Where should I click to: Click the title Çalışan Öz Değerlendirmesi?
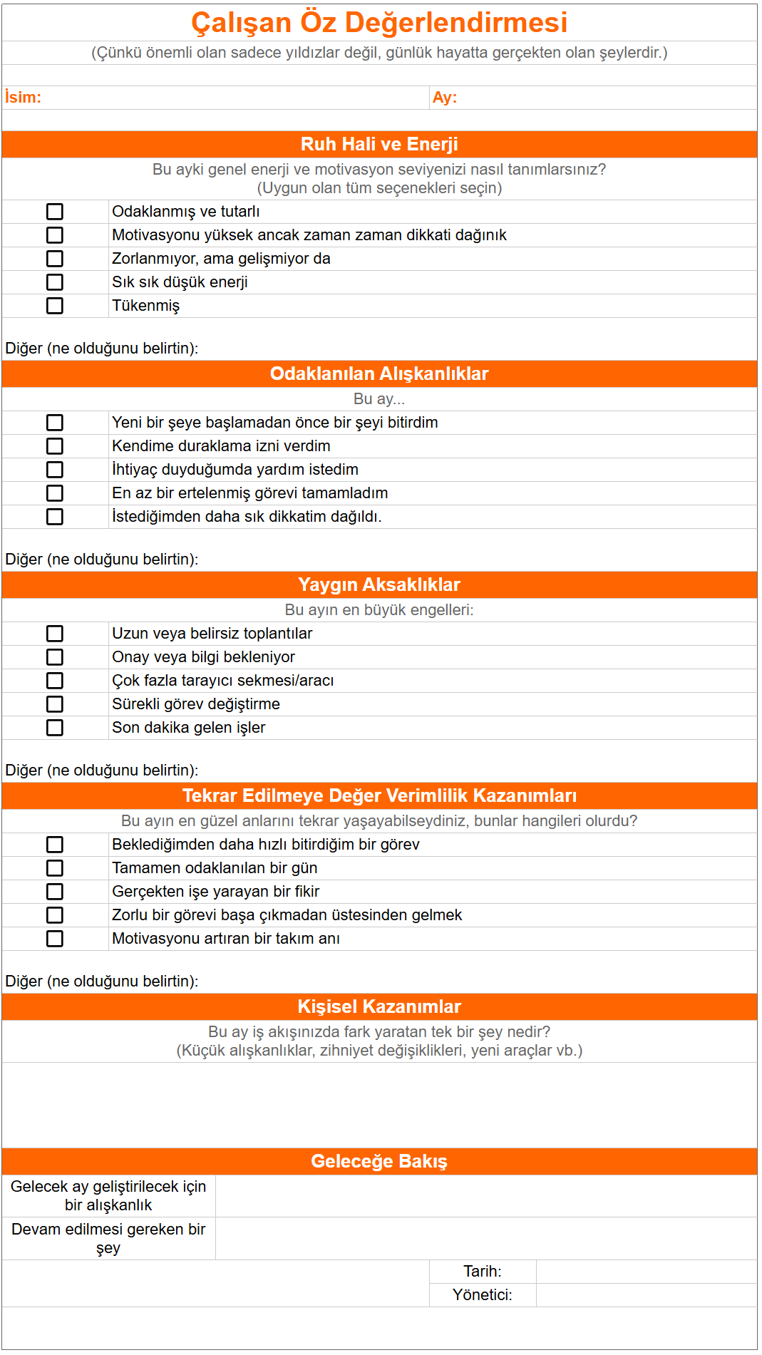coord(379,23)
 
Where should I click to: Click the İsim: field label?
coord(23,98)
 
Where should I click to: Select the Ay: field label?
coord(444,98)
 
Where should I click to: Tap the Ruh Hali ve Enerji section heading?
coord(379,144)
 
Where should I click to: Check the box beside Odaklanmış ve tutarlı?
coord(55,212)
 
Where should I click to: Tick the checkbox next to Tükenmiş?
coord(55,306)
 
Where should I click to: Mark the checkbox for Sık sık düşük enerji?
coord(55,282)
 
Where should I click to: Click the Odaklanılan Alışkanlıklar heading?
coord(379,373)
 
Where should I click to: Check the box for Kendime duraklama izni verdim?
coord(55,446)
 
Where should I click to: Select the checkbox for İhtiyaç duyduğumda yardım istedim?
coord(55,470)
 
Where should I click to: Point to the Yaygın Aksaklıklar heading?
coord(379,584)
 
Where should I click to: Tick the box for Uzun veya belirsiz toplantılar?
coord(55,634)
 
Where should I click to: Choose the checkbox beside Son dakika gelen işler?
coord(55,728)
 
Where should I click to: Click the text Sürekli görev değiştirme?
coord(196,704)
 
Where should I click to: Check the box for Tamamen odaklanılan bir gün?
coord(55,868)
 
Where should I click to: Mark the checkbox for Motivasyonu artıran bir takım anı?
coord(55,939)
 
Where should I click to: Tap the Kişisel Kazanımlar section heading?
coord(379,1006)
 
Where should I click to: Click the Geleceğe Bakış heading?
coord(379,1161)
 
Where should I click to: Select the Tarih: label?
coord(483,1272)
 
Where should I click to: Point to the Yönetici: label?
coord(483,1295)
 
